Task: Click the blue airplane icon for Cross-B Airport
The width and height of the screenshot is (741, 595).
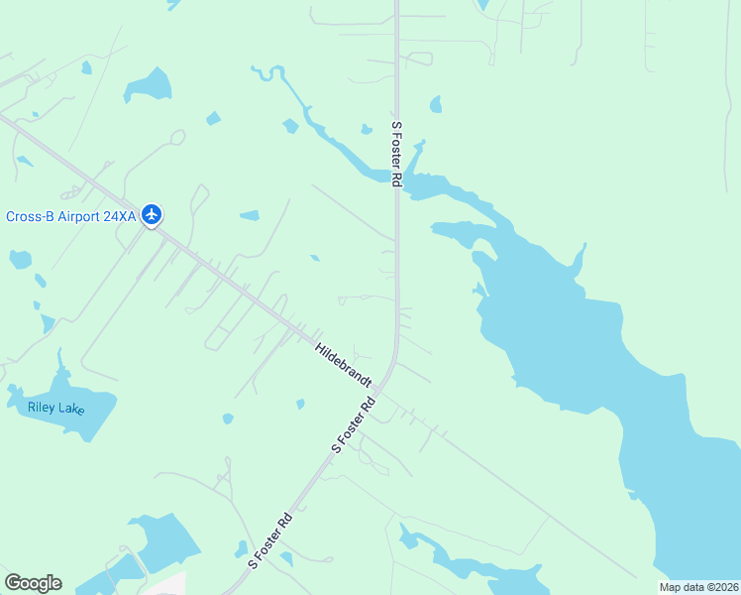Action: point(152,214)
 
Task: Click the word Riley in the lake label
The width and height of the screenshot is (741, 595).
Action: point(43,406)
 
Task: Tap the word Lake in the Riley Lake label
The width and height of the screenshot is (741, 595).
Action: point(71,409)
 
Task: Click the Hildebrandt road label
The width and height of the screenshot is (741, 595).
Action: point(343,365)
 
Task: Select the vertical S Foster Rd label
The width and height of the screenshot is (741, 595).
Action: point(397,154)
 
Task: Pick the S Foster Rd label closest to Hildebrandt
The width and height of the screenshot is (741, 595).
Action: point(355,424)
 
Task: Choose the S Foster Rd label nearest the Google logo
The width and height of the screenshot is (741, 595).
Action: point(270,540)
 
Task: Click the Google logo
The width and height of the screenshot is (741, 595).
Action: point(33,583)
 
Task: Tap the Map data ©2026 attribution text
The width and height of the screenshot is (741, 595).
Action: point(699,587)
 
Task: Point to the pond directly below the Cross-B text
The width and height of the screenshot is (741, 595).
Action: point(19,260)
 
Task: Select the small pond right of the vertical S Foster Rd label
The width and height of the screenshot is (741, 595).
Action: point(436,104)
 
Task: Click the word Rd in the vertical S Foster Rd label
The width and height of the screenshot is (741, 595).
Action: point(397,179)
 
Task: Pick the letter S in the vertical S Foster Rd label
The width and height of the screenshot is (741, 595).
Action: point(397,126)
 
